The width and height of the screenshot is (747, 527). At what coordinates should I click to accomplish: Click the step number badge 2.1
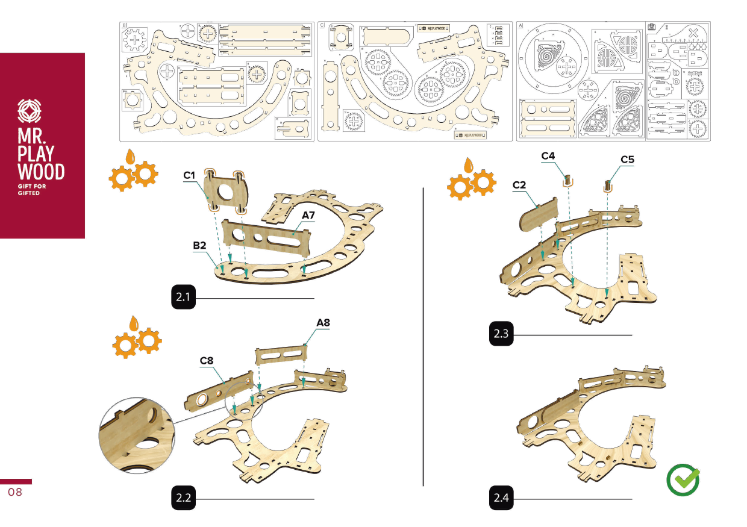click(183, 298)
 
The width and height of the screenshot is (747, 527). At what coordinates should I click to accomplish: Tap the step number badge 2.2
click(183, 498)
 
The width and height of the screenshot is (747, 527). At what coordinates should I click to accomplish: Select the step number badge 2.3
click(501, 334)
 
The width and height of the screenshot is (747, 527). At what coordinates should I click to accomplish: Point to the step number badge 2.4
click(501, 498)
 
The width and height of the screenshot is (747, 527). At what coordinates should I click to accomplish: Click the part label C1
click(190, 175)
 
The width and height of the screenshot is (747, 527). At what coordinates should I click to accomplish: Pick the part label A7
click(309, 214)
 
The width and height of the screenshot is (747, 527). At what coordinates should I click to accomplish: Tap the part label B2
click(200, 246)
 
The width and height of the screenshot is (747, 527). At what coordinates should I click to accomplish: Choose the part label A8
click(323, 323)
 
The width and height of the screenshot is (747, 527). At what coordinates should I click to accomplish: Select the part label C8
click(207, 360)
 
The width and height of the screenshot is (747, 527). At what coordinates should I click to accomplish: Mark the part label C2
click(520, 186)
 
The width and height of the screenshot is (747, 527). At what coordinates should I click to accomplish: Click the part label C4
click(548, 155)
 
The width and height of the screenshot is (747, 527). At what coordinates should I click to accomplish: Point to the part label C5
click(628, 160)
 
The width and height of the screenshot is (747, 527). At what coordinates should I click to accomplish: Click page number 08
click(15, 493)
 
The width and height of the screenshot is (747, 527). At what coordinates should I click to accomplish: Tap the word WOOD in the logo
click(42, 172)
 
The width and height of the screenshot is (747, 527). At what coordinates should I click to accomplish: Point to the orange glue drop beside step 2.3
click(468, 164)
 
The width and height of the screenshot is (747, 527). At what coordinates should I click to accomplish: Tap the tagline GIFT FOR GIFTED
click(31, 190)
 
